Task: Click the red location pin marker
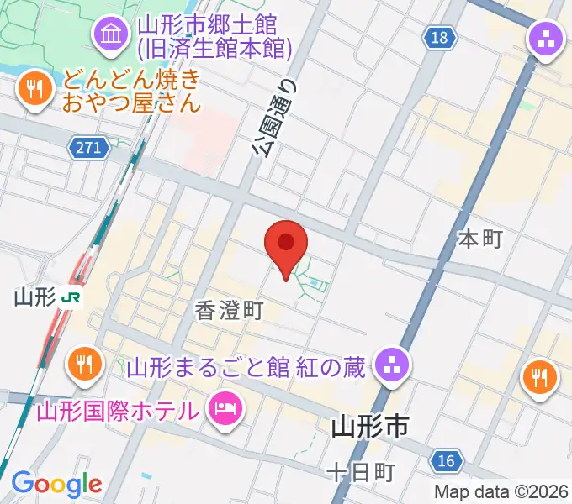286,245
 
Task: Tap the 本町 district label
479,239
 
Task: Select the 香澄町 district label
230,310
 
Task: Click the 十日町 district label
360,473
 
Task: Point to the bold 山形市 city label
370,428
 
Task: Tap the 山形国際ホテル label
118,411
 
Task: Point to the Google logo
56,484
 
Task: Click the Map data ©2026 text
500,491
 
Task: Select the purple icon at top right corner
544,39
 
